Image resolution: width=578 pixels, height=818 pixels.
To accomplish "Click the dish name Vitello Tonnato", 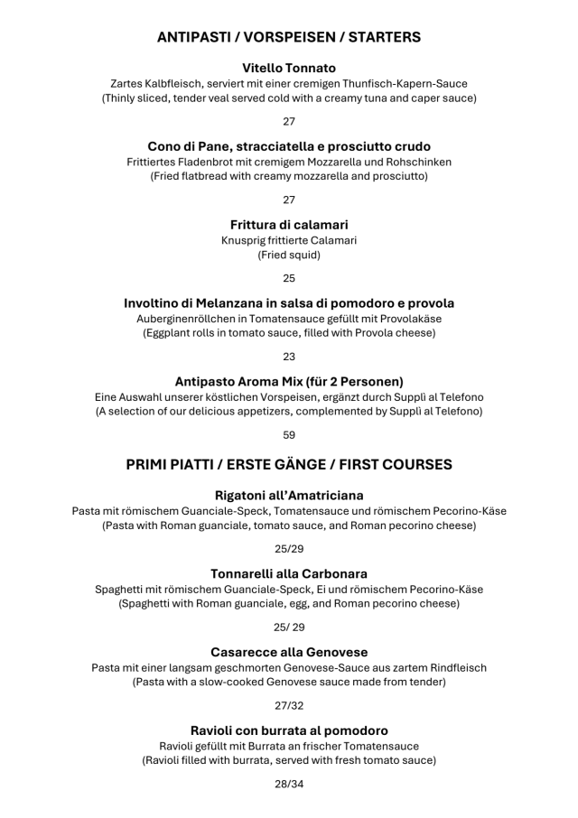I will point(289,68).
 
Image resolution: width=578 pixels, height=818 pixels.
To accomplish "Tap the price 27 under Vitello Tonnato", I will point(289,121).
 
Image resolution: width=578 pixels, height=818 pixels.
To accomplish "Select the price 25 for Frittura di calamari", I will point(289,278).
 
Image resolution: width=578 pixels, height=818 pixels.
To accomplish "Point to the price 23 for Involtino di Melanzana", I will point(289,357).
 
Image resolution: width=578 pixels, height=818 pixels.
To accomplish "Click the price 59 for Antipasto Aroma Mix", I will point(289,434).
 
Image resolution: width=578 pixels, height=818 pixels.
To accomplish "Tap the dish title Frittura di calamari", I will point(289,224).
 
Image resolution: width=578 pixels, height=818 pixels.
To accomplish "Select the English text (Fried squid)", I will point(289,255).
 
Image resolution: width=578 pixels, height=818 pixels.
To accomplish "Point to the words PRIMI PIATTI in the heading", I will point(172,465).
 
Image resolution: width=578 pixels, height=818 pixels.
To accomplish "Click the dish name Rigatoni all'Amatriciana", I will point(289,495).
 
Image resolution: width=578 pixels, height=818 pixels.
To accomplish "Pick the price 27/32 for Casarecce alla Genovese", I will point(289,705).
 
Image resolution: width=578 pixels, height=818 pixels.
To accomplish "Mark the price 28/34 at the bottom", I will point(289,784).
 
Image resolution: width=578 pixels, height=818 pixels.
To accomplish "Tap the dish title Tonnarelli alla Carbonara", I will point(289,573).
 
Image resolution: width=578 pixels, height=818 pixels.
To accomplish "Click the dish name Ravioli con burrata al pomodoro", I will point(289,730).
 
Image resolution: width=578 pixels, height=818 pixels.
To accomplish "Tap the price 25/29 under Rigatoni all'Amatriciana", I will point(289,548).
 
